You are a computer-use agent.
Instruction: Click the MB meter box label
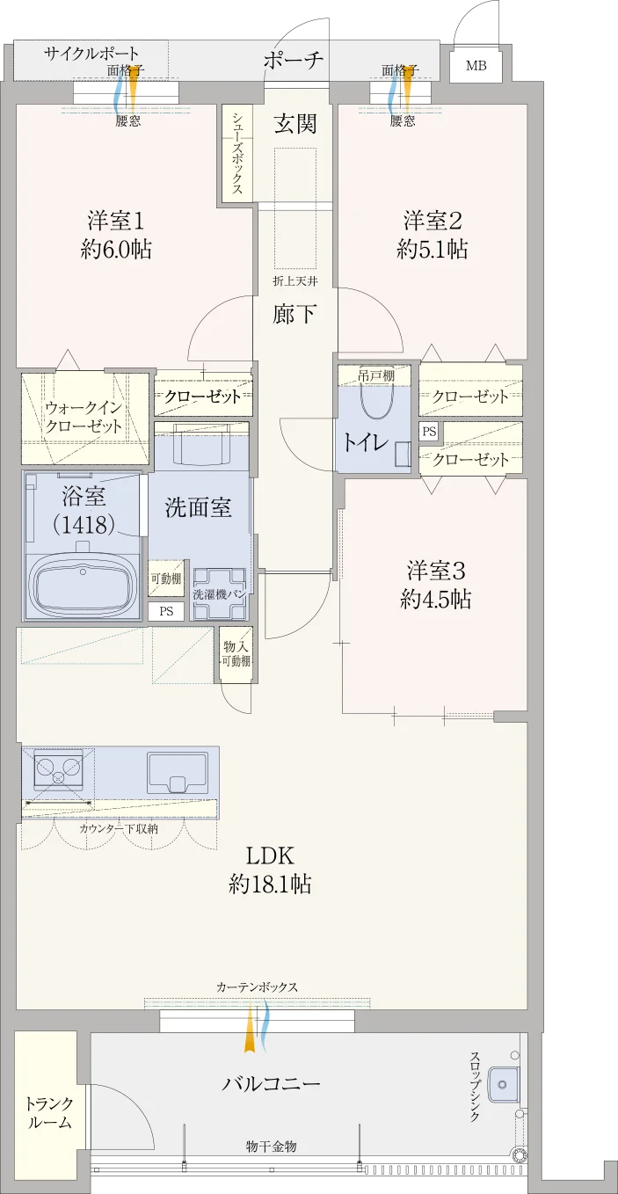(476, 66)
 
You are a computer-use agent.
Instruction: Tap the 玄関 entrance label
(295, 124)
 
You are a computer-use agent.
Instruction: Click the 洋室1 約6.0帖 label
(116, 235)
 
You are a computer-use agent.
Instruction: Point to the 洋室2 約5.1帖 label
(432, 235)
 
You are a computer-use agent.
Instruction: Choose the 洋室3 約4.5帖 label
(436, 585)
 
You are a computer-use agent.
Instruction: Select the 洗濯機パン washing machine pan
(220, 593)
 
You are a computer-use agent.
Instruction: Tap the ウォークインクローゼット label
(84, 417)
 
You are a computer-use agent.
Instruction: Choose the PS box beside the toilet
(429, 432)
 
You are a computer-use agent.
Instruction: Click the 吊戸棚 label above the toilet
(376, 375)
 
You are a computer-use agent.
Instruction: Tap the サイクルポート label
(91, 54)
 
